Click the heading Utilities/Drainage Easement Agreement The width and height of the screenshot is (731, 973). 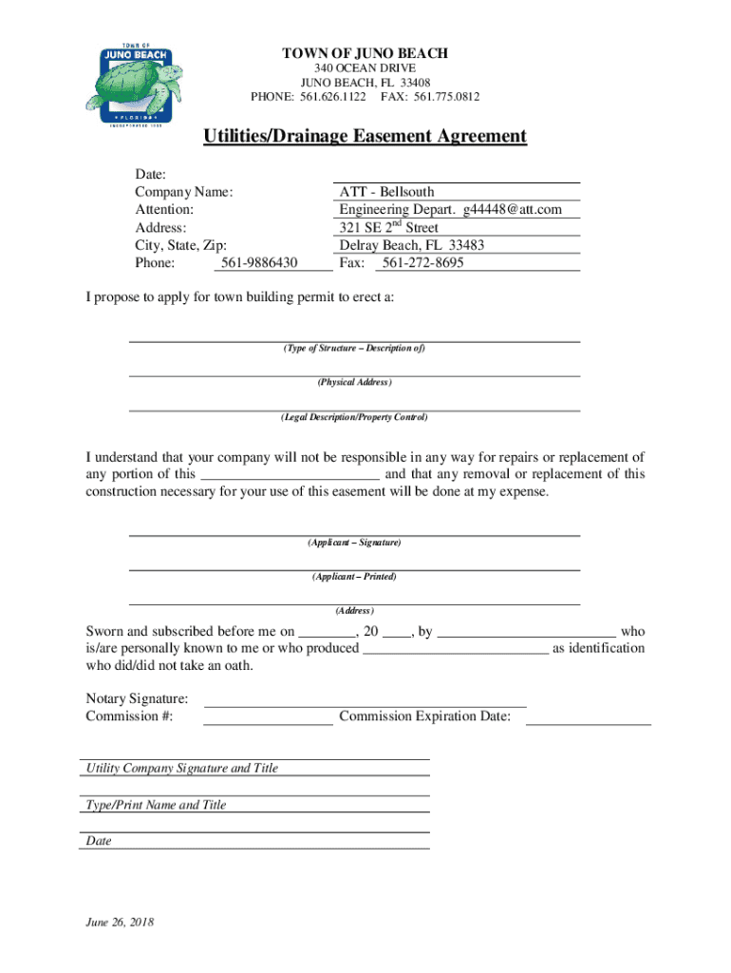tap(365, 137)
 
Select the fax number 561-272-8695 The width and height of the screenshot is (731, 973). tap(421, 262)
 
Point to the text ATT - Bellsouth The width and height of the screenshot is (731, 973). tap(386, 192)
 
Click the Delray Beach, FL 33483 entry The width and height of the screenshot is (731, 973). tap(411, 245)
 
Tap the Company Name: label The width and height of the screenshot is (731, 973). tap(184, 192)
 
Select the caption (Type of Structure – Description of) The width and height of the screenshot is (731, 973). tap(354, 349)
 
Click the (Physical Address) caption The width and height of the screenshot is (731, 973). tap(354, 383)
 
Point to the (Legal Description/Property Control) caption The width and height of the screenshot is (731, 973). tap(354, 417)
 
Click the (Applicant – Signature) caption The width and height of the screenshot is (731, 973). tap(354, 543)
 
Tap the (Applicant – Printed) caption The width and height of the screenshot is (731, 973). tap(354, 577)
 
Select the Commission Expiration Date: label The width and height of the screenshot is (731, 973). tap(424, 716)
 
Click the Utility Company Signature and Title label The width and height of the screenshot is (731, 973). tap(182, 768)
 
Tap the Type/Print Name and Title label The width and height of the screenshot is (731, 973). tap(156, 805)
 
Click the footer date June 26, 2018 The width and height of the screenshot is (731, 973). tap(120, 923)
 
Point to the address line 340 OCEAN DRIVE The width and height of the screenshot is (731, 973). tap(365, 69)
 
